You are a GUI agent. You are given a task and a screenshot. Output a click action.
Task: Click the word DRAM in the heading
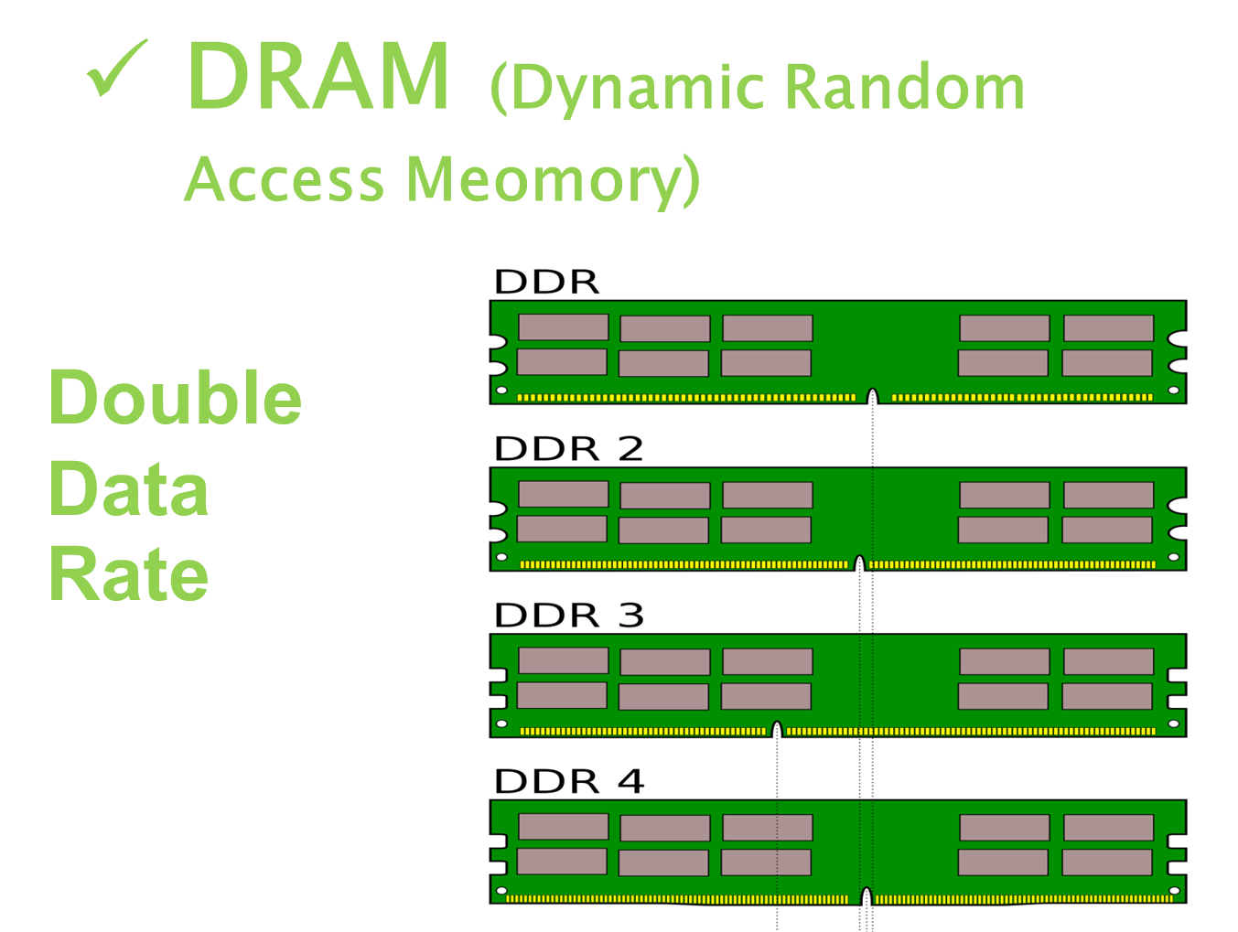point(318,78)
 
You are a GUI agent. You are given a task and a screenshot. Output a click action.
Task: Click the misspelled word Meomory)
point(554,179)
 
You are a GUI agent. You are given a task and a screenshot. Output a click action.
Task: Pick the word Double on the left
point(175,398)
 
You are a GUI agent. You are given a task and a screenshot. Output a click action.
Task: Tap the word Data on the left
point(129,489)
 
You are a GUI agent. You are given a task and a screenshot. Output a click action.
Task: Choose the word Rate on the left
point(129,574)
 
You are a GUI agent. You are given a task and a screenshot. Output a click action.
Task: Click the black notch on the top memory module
point(873,396)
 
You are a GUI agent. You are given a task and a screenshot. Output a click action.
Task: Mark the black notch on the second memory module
point(859,562)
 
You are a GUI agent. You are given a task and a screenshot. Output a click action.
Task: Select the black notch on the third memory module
point(777,729)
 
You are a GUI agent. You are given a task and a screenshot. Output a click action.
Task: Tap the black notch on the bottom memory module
point(867,896)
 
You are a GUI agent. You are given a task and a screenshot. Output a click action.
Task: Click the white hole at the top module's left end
point(501,391)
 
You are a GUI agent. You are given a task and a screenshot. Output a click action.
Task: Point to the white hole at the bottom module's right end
point(1175,891)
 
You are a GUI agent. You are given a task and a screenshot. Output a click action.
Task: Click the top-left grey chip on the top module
point(563,327)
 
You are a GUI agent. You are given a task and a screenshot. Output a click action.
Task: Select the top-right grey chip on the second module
point(1108,495)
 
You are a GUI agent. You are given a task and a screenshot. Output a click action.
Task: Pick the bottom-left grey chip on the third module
point(562,695)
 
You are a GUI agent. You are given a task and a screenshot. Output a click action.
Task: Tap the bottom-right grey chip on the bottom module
point(1106,862)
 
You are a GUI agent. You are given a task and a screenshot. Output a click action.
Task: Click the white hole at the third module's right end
point(1174,724)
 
